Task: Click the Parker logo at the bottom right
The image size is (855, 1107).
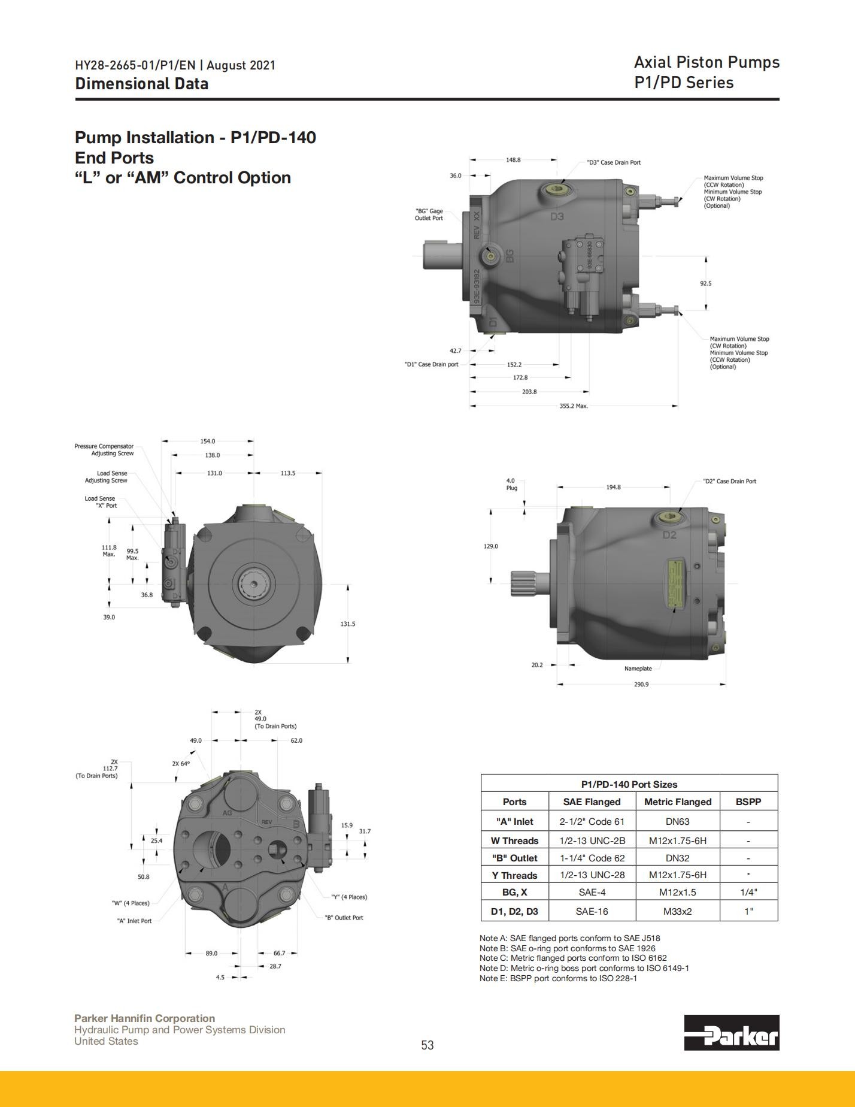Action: point(732,1032)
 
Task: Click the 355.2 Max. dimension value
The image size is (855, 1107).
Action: point(574,406)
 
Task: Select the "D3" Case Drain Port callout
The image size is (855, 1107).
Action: point(614,162)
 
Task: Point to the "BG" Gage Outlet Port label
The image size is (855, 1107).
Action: point(429,214)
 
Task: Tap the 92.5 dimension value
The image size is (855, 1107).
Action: point(706,283)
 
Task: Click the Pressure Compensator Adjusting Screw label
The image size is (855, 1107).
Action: point(104,450)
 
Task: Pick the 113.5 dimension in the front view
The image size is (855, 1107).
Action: point(288,473)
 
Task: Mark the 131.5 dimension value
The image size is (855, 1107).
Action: point(348,624)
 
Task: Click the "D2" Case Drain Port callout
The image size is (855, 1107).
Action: point(729,481)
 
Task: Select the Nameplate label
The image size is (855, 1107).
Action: point(638,669)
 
